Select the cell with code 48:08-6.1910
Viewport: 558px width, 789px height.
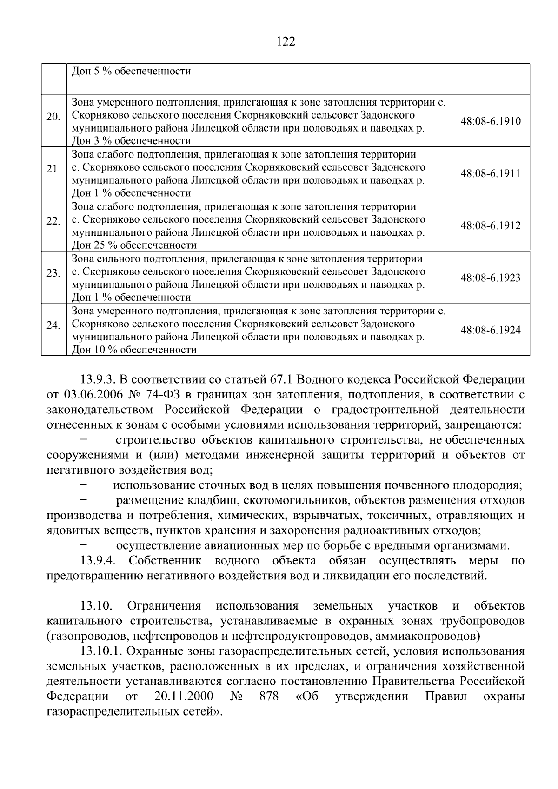(491, 121)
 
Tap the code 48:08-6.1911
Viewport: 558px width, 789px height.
(491, 173)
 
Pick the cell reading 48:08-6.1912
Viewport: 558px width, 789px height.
(491, 226)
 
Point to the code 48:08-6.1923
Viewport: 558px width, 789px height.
(491, 278)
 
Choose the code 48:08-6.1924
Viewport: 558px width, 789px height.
(491, 330)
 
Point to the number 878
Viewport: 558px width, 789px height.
(270, 696)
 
